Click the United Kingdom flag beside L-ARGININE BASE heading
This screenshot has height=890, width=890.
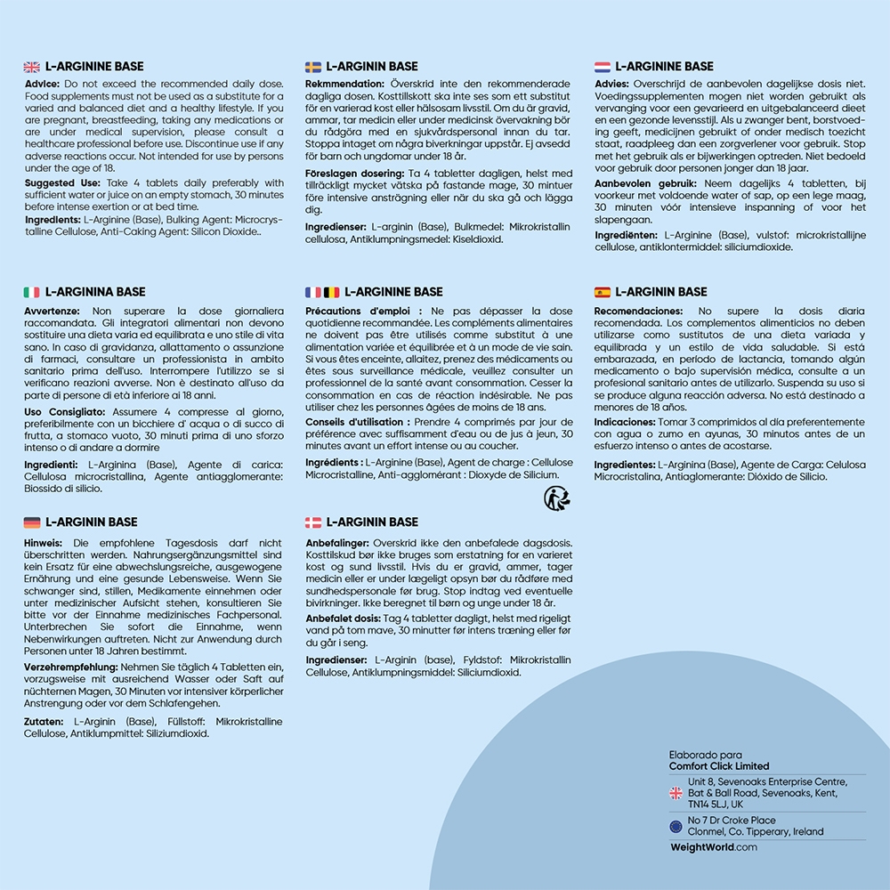tap(31, 67)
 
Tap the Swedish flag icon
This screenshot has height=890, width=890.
tap(313, 67)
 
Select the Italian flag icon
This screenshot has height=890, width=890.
tap(31, 292)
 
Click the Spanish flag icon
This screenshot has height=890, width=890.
tap(603, 292)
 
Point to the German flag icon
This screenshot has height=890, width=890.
tap(31, 522)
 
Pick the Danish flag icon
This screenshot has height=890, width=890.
tap(313, 522)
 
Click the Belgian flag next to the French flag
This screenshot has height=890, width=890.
tap(331, 292)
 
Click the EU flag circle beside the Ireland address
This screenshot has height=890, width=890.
tap(676, 826)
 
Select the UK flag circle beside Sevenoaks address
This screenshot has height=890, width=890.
tap(676, 792)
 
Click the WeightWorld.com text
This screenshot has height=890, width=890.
tap(713, 847)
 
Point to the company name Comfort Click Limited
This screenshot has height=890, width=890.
tap(719, 766)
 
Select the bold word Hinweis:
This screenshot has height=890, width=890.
tap(44, 543)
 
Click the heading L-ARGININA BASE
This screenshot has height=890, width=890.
tap(95, 292)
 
